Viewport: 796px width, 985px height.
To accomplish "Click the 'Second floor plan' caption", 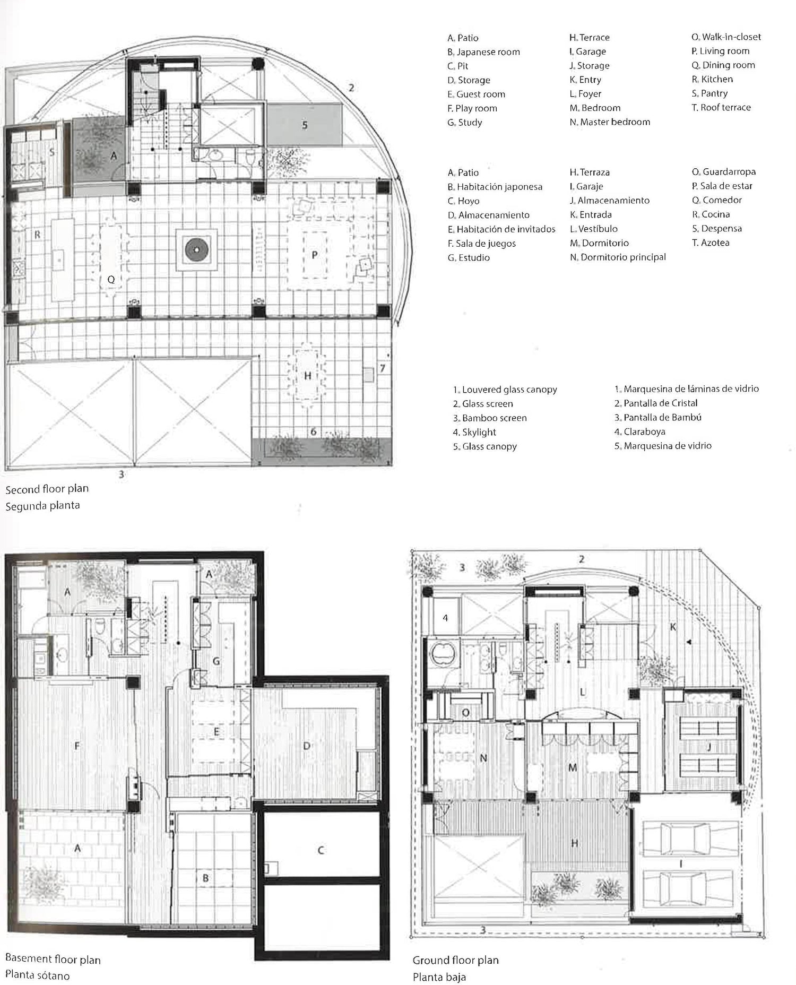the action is click(47, 489).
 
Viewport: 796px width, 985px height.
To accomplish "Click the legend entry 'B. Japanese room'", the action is click(483, 52).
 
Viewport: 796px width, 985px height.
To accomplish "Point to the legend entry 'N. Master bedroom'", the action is click(610, 122).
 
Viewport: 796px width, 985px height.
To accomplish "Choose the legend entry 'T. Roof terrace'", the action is click(721, 107).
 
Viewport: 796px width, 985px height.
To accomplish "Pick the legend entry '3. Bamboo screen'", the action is click(490, 418).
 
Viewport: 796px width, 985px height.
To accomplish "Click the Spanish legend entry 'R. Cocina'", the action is click(711, 214).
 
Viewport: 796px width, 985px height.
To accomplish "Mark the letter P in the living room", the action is click(315, 255).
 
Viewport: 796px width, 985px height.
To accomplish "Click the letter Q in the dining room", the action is click(111, 279).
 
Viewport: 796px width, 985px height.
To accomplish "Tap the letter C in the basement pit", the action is click(321, 850).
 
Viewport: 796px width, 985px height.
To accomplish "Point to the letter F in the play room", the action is click(77, 746).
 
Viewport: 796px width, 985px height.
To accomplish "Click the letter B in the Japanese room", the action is click(206, 878).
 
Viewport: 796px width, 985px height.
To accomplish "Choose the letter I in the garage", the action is click(681, 865).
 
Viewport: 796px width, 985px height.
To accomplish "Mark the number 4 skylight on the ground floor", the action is click(445, 618).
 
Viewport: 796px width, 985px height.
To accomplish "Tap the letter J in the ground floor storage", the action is click(709, 747).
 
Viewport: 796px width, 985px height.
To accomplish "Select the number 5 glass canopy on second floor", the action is click(305, 125).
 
